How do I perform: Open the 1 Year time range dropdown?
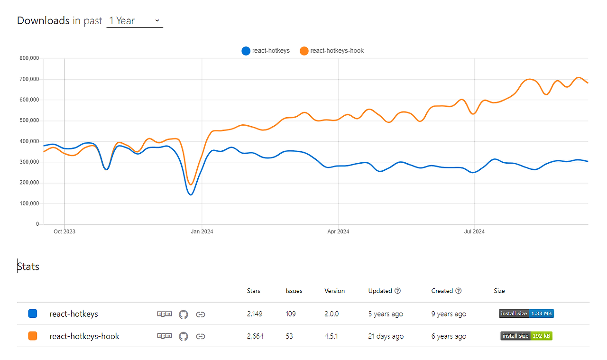(x=135, y=21)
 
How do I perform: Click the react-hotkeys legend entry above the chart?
(x=266, y=51)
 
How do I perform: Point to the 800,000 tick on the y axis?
(x=29, y=58)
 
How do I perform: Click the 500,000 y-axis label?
(x=29, y=120)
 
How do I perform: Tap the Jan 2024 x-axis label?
(x=202, y=232)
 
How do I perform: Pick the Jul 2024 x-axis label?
(x=474, y=232)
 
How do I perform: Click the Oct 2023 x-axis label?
(x=64, y=232)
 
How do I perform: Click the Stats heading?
(x=28, y=267)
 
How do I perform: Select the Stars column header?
(x=254, y=291)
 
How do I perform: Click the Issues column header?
(x=294, y=291)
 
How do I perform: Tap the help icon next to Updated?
(x=398, y=291)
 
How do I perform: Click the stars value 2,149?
(x=255, y=314)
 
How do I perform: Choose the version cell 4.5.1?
(x=331, y=336)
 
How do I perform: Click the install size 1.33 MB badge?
(x=526, y=314)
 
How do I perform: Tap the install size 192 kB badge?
(x=526, y=336)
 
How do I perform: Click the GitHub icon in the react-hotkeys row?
(x=184, y=314)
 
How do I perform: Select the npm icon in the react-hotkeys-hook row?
(x=164, y=336)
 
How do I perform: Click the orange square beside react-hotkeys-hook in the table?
(x=33, y=336)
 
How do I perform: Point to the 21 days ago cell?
(x=386, y=336)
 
